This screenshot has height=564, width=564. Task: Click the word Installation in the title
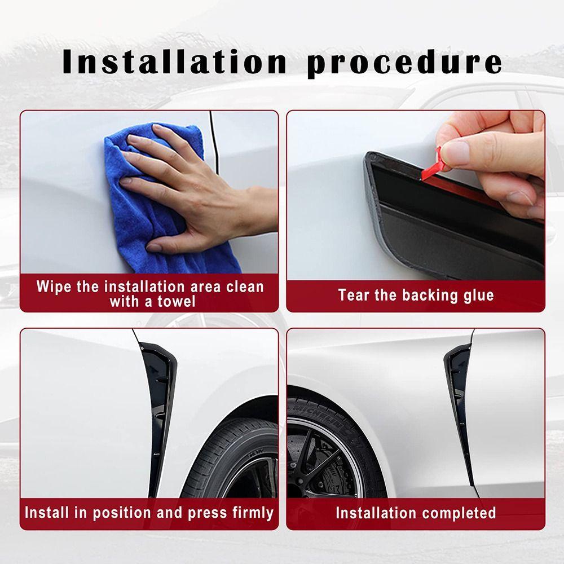[175, 62]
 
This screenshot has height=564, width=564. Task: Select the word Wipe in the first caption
[54, 286]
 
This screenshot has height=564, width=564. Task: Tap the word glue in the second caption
[479, 295]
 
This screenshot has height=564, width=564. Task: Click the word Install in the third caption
[47, 513]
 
